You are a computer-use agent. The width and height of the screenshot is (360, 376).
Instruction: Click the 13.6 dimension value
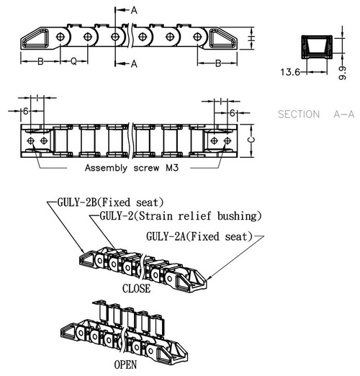[290, 72]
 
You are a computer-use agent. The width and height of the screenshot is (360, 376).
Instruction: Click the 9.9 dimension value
[342, 73]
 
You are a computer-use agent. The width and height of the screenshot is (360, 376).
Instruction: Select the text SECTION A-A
[316, 114]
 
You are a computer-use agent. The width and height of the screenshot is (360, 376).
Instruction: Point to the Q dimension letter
[73, 61]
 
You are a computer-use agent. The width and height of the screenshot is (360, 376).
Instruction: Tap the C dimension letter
[251, 140]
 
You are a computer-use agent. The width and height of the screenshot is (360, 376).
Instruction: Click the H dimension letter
[251, 38]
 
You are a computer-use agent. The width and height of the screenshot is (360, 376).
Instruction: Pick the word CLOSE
[136, 289]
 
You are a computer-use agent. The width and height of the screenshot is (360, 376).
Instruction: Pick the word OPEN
[125, 364]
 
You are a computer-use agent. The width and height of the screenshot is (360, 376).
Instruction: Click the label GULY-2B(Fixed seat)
[110, 202]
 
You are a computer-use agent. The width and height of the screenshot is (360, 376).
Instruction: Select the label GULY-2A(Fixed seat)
[199, 236]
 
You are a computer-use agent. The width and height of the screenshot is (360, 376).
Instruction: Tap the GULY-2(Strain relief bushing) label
[181, 216]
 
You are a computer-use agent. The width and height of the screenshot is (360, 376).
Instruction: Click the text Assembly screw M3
[132, 168]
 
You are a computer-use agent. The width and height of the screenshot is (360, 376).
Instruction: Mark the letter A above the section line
[134, 10]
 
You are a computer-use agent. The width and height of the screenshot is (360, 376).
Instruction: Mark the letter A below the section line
[134, 64]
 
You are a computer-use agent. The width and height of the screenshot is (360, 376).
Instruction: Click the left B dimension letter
[40, 61]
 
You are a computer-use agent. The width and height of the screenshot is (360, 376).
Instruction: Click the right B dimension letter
[218, 63]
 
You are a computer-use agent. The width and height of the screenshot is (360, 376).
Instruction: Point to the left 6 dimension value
[26, 111]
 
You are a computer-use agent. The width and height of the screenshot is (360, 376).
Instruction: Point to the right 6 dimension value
[232, 113]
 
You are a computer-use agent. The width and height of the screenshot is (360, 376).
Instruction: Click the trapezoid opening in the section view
[317, 46]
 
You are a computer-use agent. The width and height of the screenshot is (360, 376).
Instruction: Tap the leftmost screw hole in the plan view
[31, 140]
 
